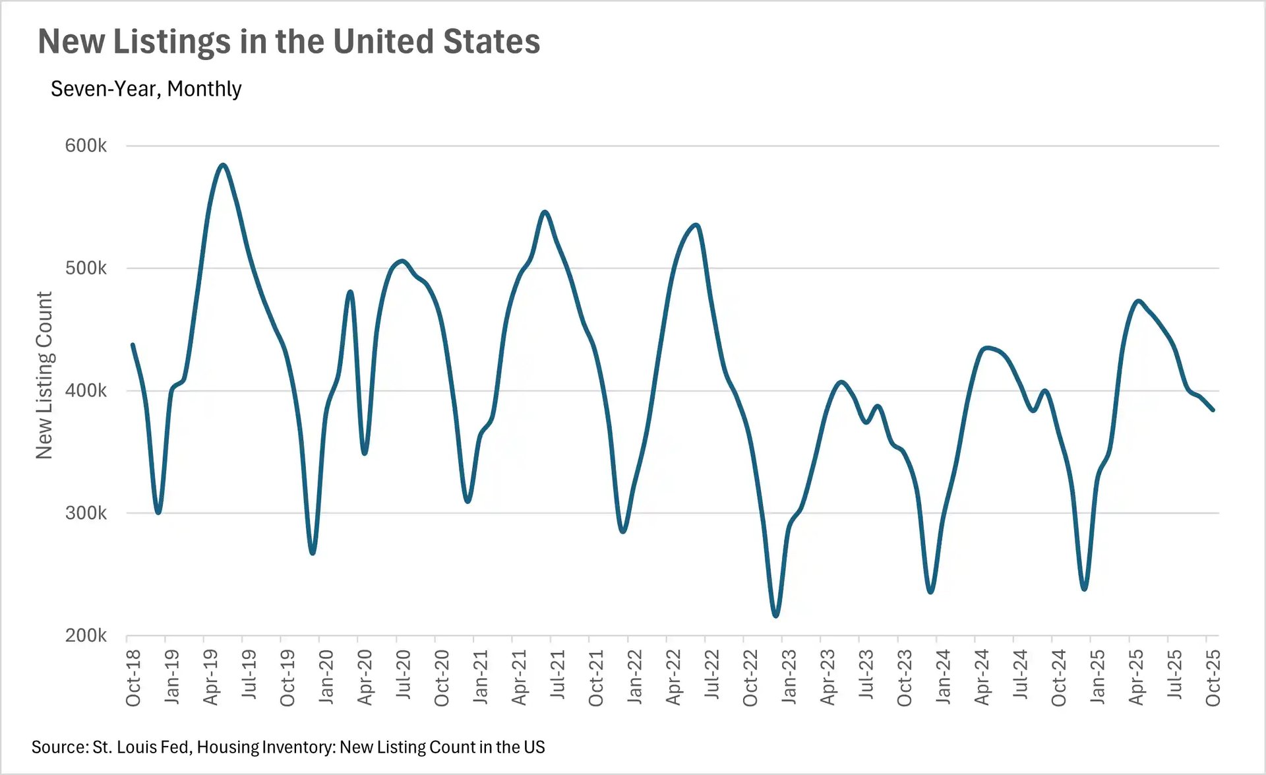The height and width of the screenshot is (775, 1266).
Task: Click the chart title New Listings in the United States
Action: [x=289, y=42]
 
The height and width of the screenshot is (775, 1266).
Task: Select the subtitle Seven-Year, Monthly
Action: [x=146, y=88]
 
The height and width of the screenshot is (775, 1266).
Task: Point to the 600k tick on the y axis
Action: [x=86, y=146]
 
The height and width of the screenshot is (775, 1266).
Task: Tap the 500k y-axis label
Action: [x=86, y=268]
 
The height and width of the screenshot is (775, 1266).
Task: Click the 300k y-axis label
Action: [x=86, y=513]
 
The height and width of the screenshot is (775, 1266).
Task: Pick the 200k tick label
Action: [x=86, y=636]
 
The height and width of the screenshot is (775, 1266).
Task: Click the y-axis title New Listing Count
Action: [x=44, y=375]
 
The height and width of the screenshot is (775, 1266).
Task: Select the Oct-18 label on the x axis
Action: [x=133, y=677]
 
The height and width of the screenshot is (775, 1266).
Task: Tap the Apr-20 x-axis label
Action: [x=365, y=677]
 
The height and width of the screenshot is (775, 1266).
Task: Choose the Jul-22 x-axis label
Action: [x=711, y=677]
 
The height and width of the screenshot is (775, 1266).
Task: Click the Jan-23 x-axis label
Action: [x=789, y=677]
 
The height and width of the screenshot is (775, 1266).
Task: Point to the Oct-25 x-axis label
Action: [x=1213, y=677]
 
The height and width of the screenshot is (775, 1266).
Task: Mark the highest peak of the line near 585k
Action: [x=223, y=165]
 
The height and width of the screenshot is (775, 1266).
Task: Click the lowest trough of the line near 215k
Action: [x=775, y=616]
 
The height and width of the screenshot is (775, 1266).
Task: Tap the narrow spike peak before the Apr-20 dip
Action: [x=350, y=292]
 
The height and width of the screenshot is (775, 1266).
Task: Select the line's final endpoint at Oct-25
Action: [x=1213, y=410]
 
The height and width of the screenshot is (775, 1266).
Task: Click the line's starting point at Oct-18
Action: [x=133, y=344]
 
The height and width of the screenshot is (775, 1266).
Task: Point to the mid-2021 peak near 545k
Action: [x=545, y=212]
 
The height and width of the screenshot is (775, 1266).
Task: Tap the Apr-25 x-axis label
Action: [x=1135, y=677]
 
